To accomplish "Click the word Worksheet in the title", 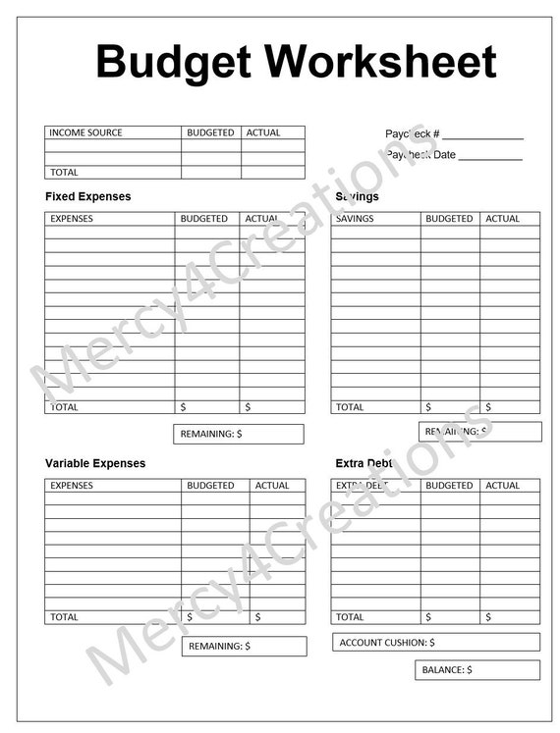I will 381,62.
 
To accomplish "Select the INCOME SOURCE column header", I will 85,132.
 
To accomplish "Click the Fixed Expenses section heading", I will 87,196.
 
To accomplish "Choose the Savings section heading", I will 357,196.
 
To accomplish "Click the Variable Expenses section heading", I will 95,463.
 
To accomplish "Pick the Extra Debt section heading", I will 363,463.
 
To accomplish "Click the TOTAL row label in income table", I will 64,172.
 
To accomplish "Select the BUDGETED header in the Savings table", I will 449,219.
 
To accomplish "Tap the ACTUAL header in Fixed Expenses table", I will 262,219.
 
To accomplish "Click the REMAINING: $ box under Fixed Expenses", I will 239,434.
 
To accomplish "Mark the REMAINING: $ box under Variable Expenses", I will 244,646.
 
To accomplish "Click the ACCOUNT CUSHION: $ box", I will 435,642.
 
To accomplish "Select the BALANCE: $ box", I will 476,669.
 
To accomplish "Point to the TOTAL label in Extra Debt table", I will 350,617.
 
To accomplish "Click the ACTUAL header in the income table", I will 263,132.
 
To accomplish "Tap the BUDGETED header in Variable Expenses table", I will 210,485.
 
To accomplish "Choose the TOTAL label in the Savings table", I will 350,406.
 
